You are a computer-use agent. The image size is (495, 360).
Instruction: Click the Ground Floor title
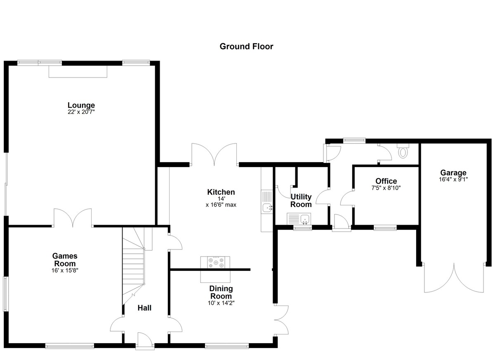[x=246, y=46]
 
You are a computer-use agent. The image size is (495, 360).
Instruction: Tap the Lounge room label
[x=81, y=105]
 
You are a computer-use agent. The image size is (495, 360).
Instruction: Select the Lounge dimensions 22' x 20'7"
[x=81, y=112]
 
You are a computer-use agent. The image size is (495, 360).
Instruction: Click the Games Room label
[x=65, y=259]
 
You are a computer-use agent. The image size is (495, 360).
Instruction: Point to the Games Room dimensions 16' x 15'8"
[x=65, y=271]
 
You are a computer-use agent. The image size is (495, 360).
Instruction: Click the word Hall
[x=144, y=308]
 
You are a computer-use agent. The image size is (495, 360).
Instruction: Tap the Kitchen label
[x=221, y=192]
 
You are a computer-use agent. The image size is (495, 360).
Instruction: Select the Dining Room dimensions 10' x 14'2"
[x=221, y=303]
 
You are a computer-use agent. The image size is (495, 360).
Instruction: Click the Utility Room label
[x=301, y=200]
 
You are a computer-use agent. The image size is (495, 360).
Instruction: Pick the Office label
[x=386, y=181]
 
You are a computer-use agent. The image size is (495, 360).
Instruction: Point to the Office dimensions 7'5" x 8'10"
[x=386, y=188]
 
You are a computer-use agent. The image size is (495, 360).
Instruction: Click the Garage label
[x=453, y=172]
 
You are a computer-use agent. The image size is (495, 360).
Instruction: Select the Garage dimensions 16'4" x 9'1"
[x=453, y=179]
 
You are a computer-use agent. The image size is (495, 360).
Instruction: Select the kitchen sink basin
[x=267, y=207]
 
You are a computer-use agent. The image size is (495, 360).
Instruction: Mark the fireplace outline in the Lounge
[x=78, y=72]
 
